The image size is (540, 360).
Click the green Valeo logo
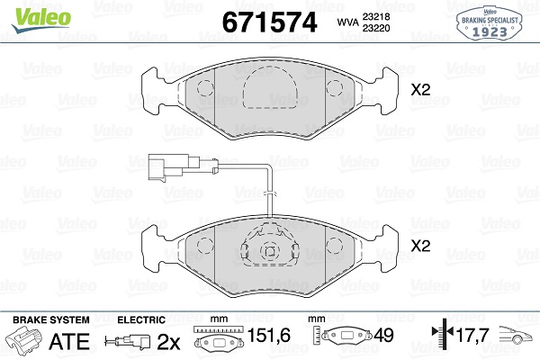click(x=41, y=19)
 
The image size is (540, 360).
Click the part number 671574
click(x=269, y=22)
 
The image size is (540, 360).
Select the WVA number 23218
click(x=375, y=16)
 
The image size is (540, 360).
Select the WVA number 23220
click(x=375, y=28)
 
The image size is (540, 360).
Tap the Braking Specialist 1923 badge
click(x=489, y=22)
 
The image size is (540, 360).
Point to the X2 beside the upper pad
click(x=420, y=90)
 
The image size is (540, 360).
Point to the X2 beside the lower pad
click(x=420, y=246)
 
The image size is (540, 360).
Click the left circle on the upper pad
click(x=205, y=88)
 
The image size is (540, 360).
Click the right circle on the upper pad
click(x=335, y=88)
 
